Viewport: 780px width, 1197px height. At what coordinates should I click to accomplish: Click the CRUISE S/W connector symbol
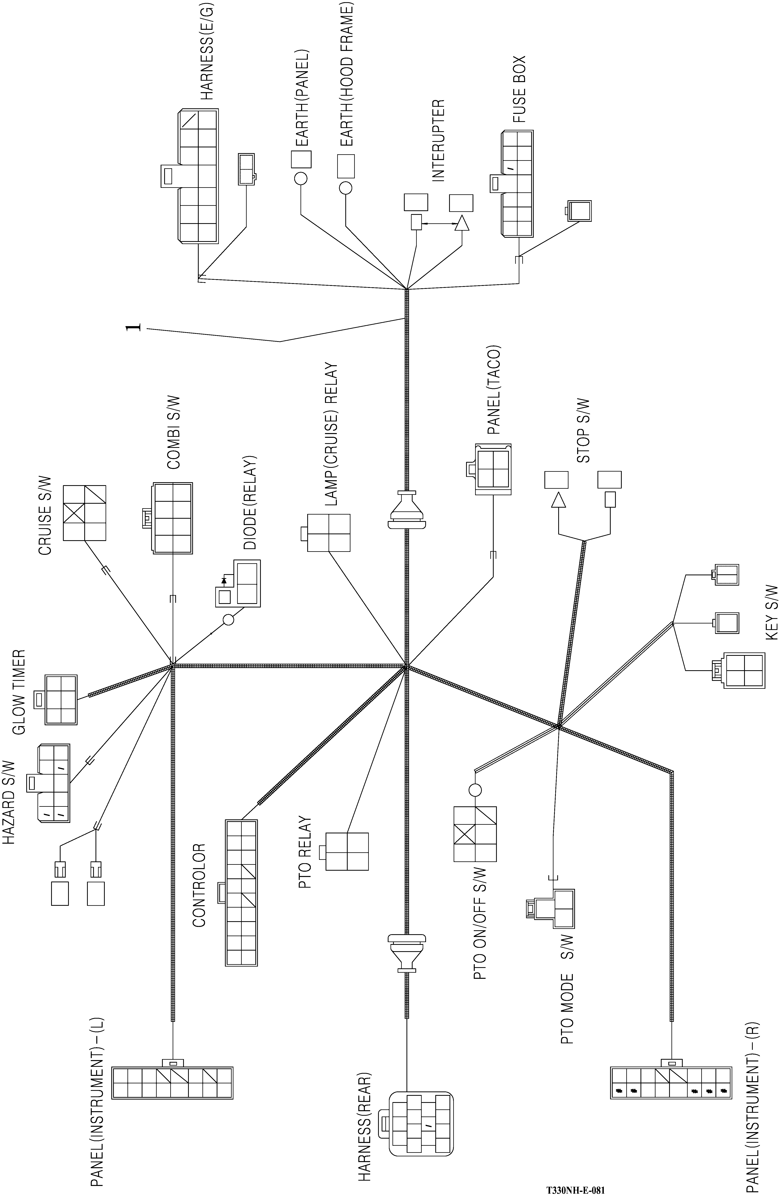[x=84, y=513]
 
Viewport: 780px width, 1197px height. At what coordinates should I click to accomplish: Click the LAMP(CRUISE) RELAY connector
[x=329, y=532]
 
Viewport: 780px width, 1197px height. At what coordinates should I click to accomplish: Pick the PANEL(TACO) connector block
[x=493, y=469]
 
